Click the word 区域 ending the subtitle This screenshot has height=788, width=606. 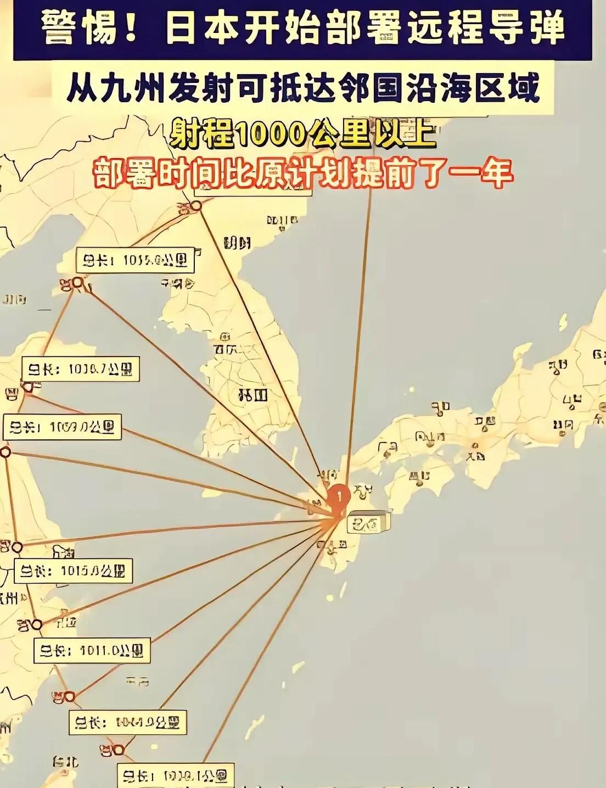click(510, 88)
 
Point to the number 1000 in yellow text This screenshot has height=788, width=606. click(270, 132)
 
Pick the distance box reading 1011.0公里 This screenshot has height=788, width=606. click(91, 651)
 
